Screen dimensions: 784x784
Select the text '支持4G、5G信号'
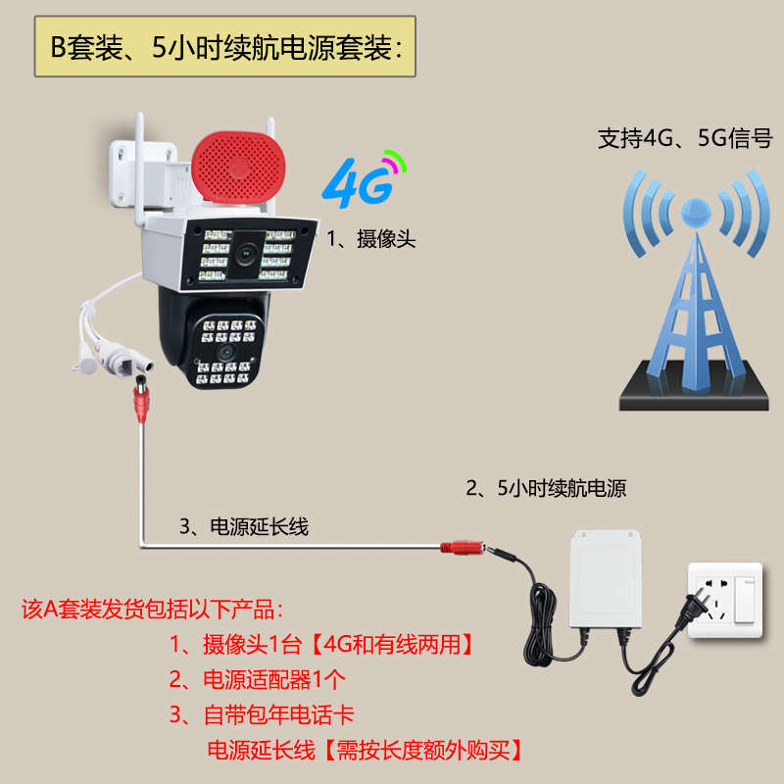tap(685, 138)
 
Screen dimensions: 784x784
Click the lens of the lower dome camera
tap(226, 349)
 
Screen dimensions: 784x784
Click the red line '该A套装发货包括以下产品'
tap(152, 609)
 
